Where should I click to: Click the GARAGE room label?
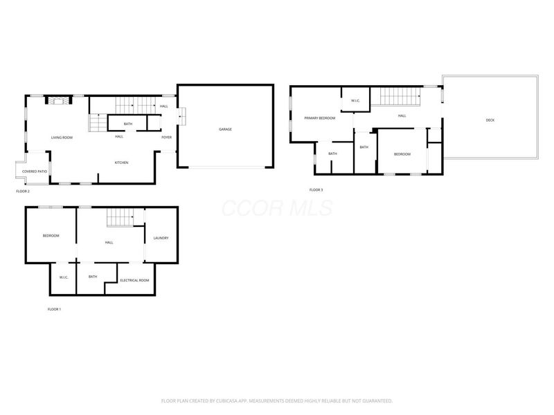225,129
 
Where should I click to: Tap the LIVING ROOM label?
62,138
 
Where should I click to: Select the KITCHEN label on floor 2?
121,163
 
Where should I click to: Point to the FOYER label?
166,137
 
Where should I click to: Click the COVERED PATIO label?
34,171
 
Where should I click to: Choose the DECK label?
490,120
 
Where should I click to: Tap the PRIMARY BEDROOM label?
320,118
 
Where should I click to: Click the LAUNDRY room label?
161,239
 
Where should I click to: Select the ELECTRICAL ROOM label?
134,280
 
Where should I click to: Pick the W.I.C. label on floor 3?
355,101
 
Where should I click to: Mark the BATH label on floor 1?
93,277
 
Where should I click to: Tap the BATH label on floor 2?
128,124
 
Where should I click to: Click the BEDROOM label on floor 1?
51,236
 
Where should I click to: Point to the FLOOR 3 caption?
316,190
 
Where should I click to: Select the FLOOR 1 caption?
54,309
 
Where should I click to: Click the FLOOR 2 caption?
24,190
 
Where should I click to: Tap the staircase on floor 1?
120,219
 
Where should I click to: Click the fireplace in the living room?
58,101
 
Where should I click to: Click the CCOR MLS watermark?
277,208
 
